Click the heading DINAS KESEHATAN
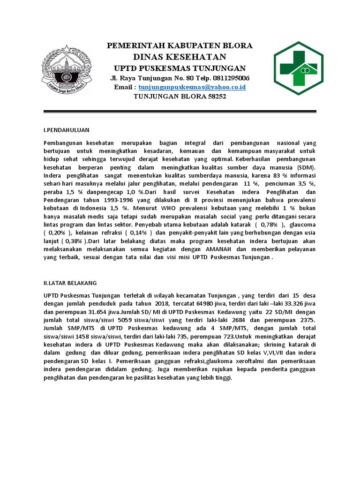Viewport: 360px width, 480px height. [x=180, y=57]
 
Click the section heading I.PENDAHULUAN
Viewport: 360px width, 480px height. [x=66, y=129]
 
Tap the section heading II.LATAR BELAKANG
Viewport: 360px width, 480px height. [x=70, y=283]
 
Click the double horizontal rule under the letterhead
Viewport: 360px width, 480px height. [x=180, y=112]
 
